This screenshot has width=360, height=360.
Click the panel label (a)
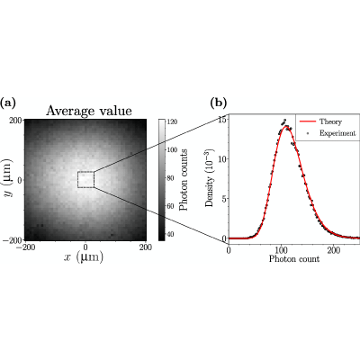click(x=8, y=103)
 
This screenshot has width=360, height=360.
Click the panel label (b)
click(x=218, y=103)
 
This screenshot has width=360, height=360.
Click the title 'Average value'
click(x=89, y=111)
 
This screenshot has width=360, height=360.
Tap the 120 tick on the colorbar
click(x=172, y=121)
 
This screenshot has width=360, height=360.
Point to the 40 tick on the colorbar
click(x=170, y=234)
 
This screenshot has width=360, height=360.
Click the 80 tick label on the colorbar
click(x=170, y=178)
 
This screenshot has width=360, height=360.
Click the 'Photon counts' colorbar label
click(x=183, y=179)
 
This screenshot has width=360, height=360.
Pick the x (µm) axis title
click(x=84, y=257)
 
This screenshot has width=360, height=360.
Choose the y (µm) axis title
click(x=9, y=179)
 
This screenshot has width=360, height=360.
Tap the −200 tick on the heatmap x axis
click(x=26, y=247)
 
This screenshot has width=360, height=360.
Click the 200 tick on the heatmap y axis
click(x=17, y=121)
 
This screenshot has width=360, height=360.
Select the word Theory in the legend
click(x=330, y=121)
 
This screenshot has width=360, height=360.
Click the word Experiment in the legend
click(x=337, y=133)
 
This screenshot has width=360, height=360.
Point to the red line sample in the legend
click(x=308, y=121)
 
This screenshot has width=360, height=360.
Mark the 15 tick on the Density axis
click(x=222, y=119)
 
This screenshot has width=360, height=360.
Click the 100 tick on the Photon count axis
click(x=281, y=250)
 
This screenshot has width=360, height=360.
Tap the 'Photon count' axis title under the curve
click(x=294, y=259)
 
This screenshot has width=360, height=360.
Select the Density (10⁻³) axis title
click(x=210, y=184)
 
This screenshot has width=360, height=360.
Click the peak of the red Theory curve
click(x=285, y=127)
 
